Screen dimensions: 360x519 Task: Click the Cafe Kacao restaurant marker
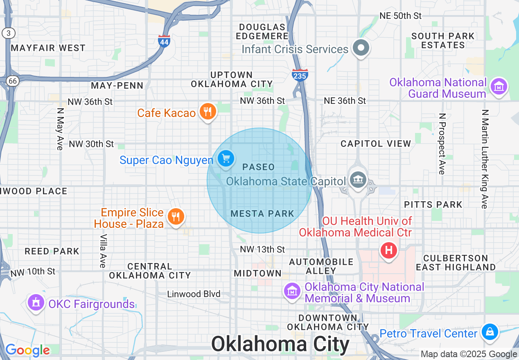[x=208, y=112]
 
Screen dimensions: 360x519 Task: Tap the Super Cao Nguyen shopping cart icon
[x=226, y=158]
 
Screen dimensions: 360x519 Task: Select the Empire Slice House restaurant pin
[x=176, y=216]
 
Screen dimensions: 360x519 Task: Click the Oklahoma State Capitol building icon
[x=358, y=180]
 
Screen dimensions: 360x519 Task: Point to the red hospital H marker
[x=389, y=249]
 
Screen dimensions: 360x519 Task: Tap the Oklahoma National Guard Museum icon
[x=499, y=87]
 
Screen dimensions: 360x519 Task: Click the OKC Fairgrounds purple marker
[x=36, y=303]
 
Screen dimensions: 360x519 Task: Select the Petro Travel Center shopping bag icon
[x=490, y=332]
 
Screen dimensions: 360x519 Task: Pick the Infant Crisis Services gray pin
[x=361, y=48]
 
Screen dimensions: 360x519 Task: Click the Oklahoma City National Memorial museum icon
[x=292, y=291]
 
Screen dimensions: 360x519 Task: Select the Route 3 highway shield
[x=8, y=33]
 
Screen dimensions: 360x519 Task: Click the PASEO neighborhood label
[x=258, y=167]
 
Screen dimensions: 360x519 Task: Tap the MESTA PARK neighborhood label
[x=262, y=214]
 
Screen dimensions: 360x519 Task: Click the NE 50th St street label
[x=400, y=16]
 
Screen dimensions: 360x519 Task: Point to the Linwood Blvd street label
[x=194, y=294]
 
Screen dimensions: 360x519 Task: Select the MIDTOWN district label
[x=258, y=273]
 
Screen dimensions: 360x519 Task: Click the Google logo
[x=27, y=350]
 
